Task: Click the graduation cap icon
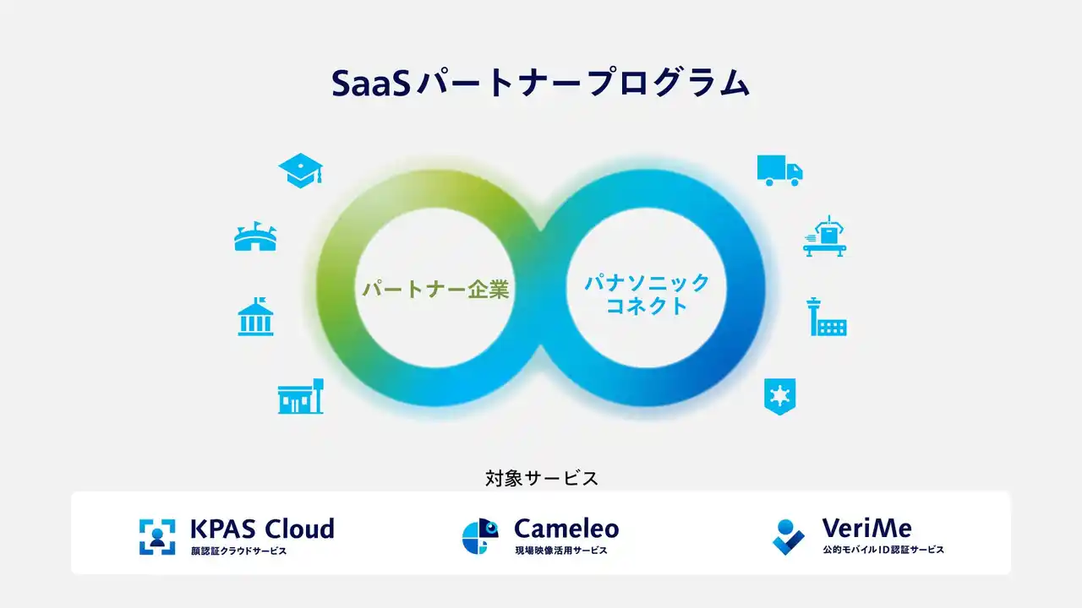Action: (x=300, y=171)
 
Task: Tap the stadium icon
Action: (x=255, y=237)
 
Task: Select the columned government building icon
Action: (x=255, y=317)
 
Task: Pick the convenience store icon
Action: (x=300, y=396)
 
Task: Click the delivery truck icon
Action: (x=779, y=170)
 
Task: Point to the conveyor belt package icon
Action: (x=824, y=236)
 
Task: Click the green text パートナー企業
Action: (x=435, y=290)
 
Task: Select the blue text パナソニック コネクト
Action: (x=647, y=294)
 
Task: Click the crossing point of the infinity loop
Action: (x=541, y=230)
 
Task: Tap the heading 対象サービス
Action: (x=542, y=478)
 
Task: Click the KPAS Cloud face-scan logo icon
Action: (x=157, y=537)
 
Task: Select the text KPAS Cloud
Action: (x=262, y=529)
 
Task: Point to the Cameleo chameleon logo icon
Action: (x=480, y=537)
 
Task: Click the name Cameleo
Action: (x=566, y=529)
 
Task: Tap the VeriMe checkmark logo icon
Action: (x=789, y=537)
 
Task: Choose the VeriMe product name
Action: (x=866, y=529)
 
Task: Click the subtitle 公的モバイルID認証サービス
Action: (x=883, y=550)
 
